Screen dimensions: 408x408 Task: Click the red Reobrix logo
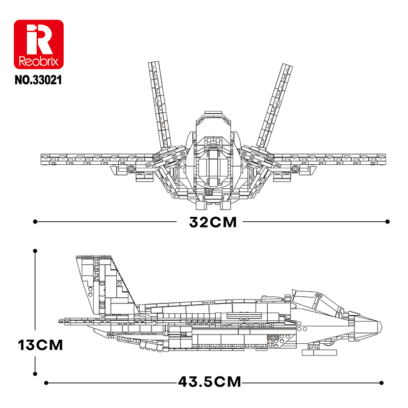point(39,44)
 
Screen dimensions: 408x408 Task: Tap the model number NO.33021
point(38,80)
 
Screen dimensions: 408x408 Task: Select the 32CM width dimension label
point(213,222)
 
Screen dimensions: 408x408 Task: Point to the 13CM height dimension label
point(40,345)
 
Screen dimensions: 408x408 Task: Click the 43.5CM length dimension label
point(210,381)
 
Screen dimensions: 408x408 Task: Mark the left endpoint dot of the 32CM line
point(35,222)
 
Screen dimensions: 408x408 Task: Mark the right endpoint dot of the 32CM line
point(388,222)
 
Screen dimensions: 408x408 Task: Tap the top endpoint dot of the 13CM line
point(35,251)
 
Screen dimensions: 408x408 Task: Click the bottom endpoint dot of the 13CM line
point(35,374)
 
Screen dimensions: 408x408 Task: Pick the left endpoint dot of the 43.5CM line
point(46,383)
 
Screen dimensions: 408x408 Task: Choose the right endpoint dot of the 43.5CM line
point(381,383)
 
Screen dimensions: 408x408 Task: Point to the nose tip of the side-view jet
point(381,325)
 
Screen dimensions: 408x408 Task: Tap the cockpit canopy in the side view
point(317,301)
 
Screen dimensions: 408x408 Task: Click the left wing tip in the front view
point(43,159)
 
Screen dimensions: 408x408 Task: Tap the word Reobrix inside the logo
point(39,62)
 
